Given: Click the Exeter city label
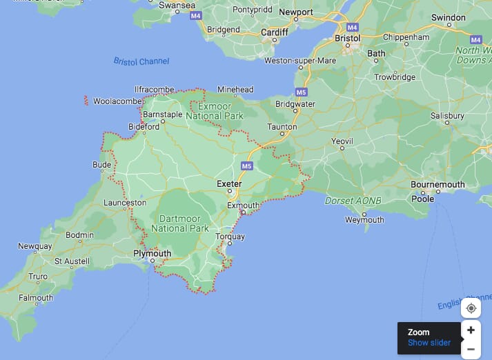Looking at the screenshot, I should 229,184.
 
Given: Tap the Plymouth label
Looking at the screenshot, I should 152,253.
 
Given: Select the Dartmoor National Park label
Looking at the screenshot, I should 179,223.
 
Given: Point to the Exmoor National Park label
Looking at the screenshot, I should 221,112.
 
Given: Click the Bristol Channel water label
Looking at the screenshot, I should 141,61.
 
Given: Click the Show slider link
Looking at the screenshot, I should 429,343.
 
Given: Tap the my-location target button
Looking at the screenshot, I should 471,308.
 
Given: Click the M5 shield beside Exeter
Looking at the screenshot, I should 247,166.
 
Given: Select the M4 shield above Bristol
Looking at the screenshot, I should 353,27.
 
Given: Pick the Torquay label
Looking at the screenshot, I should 230,237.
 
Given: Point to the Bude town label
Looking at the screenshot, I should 101,165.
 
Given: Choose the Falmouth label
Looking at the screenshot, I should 36,298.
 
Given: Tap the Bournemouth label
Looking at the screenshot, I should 437,185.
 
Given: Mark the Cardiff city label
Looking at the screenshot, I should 274,32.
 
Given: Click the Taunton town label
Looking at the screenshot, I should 282,127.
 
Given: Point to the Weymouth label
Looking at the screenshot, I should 364,220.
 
